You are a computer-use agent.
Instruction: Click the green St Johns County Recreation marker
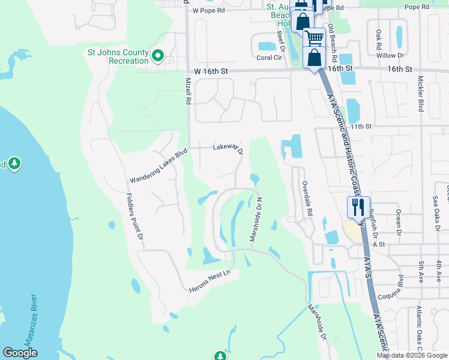(x=158, y=56)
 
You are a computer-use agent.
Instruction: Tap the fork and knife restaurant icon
(x=358, y=208)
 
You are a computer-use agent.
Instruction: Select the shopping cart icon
(x=314, y=38)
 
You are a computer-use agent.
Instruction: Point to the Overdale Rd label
(x=307, y=199)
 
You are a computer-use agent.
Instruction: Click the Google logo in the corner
(x=20, y=353)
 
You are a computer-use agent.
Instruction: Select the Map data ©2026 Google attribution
(x=412, y=355)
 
